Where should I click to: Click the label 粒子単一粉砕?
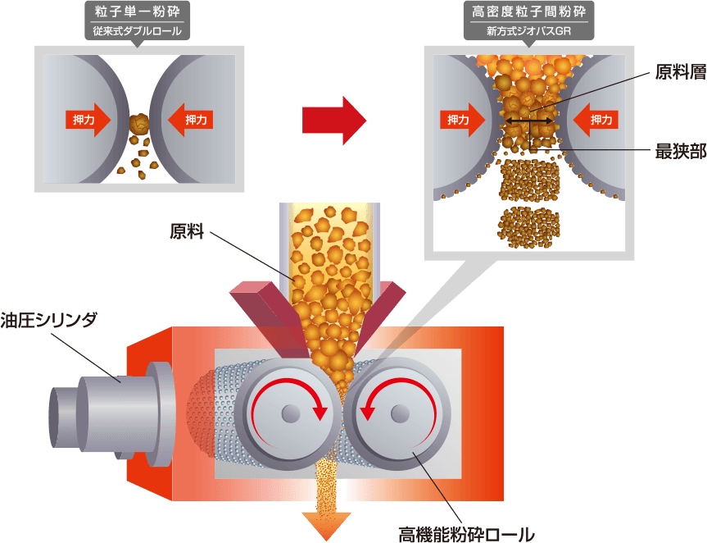tap(138, 13)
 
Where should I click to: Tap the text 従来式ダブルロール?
tap(138, 33)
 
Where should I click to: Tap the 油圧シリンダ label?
tap(49, 320)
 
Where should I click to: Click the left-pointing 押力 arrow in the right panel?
tap(596, 120)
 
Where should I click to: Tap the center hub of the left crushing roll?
tap(290, 414)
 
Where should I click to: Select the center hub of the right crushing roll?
tap(400, 414)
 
